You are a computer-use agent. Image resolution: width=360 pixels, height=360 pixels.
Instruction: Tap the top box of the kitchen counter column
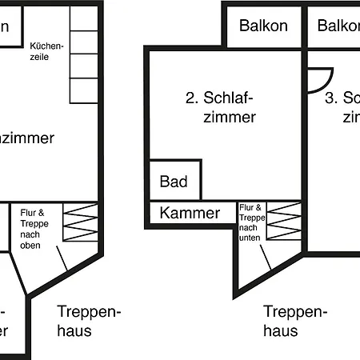click(82, 19)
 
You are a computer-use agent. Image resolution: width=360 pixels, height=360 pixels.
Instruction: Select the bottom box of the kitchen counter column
click(82, 91)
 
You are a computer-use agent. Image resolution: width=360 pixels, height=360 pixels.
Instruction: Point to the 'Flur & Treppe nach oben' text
click(34, 228)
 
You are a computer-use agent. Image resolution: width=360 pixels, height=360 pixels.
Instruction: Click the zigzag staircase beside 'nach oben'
click(80, 222)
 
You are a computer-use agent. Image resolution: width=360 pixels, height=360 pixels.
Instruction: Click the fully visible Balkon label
click(263, 25)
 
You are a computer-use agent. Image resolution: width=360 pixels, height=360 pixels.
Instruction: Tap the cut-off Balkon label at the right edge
click(338, 25)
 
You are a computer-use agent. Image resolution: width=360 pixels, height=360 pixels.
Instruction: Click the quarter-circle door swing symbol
click(319, 78)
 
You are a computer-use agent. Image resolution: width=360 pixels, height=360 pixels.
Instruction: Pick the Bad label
click(174, 182)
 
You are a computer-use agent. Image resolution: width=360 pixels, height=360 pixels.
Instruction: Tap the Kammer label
click(189, 213)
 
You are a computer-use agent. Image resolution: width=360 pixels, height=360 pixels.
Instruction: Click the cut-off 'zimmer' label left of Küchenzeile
click(27, 138)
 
